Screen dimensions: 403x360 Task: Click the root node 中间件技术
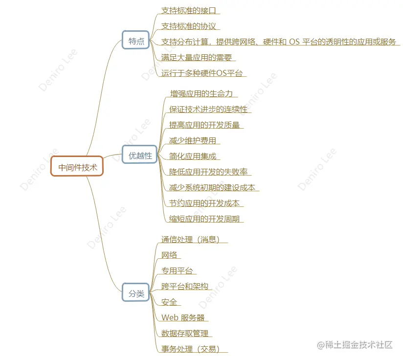point(77,167)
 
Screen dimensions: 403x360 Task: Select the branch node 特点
point(136,42)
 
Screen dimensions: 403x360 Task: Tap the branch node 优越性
point(140,156)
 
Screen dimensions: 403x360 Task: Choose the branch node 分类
point(136,293)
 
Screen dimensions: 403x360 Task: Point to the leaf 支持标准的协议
point(188,26)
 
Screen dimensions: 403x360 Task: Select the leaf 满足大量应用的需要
point(196,57)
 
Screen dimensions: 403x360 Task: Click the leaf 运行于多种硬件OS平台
point(202,73)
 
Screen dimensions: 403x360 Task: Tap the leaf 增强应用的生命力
point(201,93)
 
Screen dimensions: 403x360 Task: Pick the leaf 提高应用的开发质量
point(204,125)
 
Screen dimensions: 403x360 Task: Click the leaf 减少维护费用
point(192,140)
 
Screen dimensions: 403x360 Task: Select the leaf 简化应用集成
point(192,156)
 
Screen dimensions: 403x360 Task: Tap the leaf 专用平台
point(177,270)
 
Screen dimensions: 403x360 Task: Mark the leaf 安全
point(169,302)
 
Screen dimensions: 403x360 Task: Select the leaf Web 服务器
point(183,317)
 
